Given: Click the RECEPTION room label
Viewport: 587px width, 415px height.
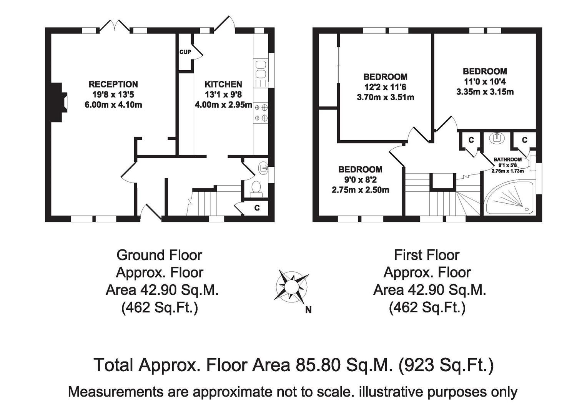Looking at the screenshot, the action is point(113,85).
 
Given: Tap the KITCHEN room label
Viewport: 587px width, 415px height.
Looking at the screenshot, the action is point(223,85).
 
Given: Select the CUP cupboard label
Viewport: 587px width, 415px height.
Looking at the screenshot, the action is point(185,52).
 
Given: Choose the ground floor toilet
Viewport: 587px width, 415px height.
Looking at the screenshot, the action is point(256,189).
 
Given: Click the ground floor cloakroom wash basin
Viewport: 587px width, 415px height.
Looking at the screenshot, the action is point(263,168).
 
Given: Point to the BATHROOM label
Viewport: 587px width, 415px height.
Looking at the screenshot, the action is point(507,159).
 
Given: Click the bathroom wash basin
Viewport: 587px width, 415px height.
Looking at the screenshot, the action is point(497,137).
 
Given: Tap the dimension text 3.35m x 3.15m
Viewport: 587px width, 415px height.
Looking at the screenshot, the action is point(485,92).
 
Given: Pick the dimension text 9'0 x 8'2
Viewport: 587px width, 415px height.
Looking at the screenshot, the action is point(360,180).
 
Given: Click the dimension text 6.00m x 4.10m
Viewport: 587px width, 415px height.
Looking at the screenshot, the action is point(113,105).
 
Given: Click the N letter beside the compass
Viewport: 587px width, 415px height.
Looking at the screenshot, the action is point(308,310).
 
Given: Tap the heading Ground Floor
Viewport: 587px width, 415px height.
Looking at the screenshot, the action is point(159,255).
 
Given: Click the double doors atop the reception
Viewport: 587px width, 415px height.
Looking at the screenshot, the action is point(115,26).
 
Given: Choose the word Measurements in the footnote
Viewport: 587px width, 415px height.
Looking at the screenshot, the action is point(115,392).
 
